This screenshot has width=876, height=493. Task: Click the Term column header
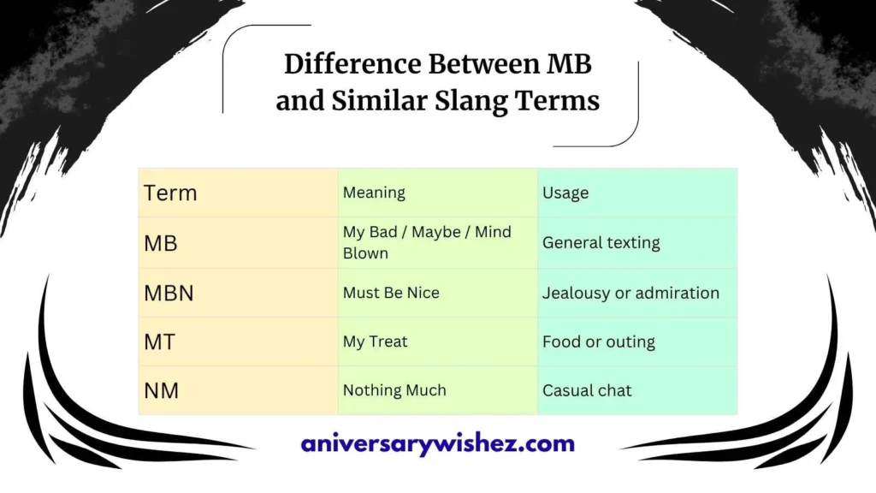point(170,193)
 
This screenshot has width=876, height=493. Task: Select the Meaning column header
point(374,193)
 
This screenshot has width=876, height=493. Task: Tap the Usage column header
point(565,193)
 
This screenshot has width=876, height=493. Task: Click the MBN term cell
point(169,294)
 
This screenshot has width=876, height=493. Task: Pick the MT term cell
point(159,342)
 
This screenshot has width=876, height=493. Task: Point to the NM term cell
point(161,391)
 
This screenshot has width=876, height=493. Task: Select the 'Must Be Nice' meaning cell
point(391,293)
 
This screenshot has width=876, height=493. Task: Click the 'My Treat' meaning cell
point(375,342)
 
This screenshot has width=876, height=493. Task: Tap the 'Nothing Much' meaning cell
point(394,390)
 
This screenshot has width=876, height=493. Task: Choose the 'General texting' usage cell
point(601,243)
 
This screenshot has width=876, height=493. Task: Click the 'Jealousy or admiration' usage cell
point(630,293)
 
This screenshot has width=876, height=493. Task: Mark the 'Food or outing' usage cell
point(599,342)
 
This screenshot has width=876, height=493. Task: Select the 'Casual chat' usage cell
point(587,391)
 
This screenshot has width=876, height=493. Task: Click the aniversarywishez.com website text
point(437,444)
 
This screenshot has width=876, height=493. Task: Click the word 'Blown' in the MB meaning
point(365,253)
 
